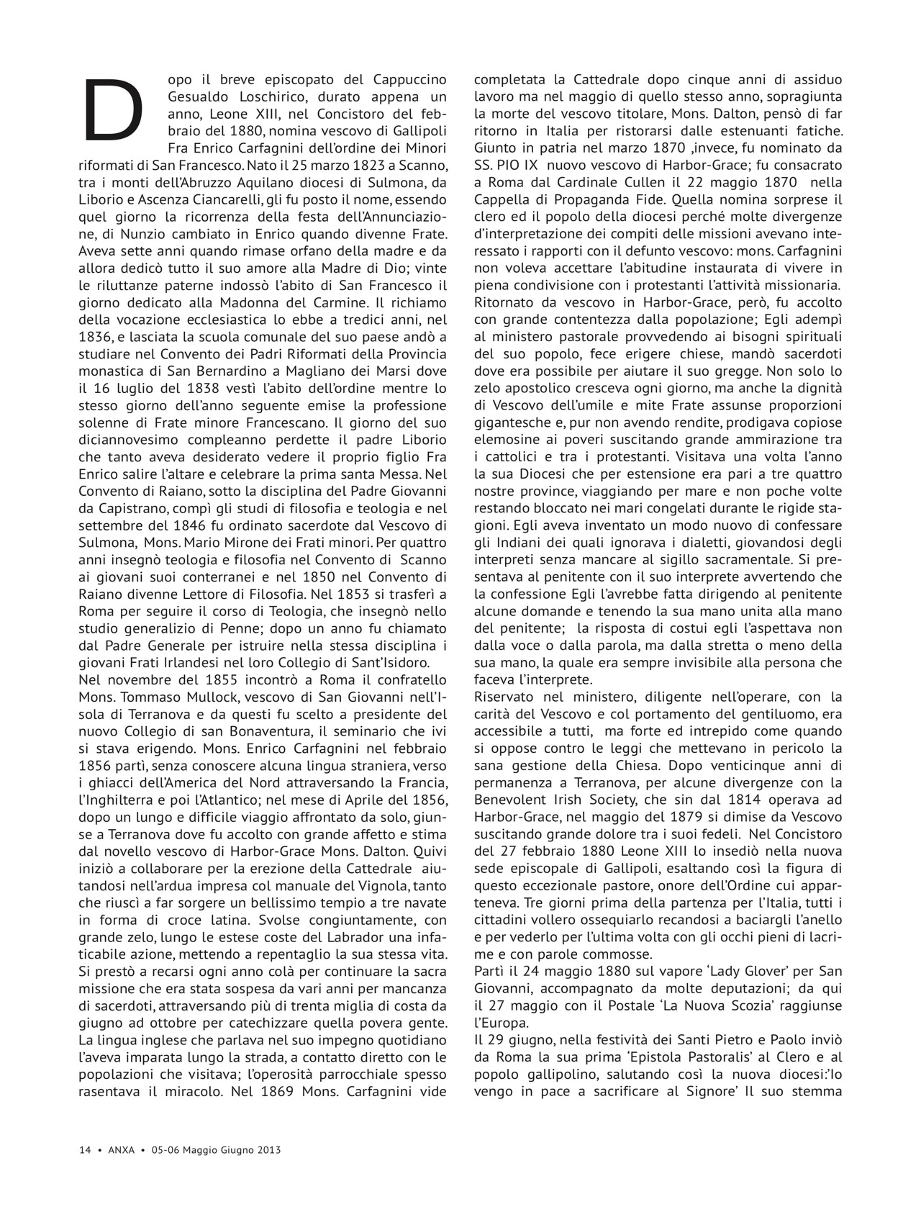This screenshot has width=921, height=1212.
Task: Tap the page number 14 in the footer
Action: click(84, 1150)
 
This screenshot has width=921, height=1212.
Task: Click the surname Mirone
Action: click(263, 542)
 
